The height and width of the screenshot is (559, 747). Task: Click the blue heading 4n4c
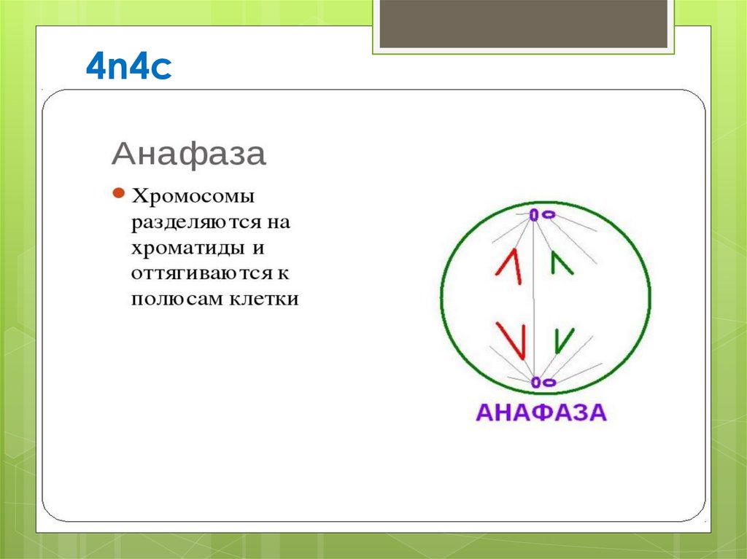point(128,68)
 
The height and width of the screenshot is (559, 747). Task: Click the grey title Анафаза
point(188,155)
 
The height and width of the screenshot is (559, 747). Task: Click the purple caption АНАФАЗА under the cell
point(541,412)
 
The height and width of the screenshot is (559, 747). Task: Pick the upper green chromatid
point(561,263)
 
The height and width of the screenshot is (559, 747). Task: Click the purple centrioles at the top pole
point(541,215)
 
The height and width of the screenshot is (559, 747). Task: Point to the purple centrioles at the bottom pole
point(542,381)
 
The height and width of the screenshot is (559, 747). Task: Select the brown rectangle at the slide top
point(524,23)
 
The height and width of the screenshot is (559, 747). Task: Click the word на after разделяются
point(279,222)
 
